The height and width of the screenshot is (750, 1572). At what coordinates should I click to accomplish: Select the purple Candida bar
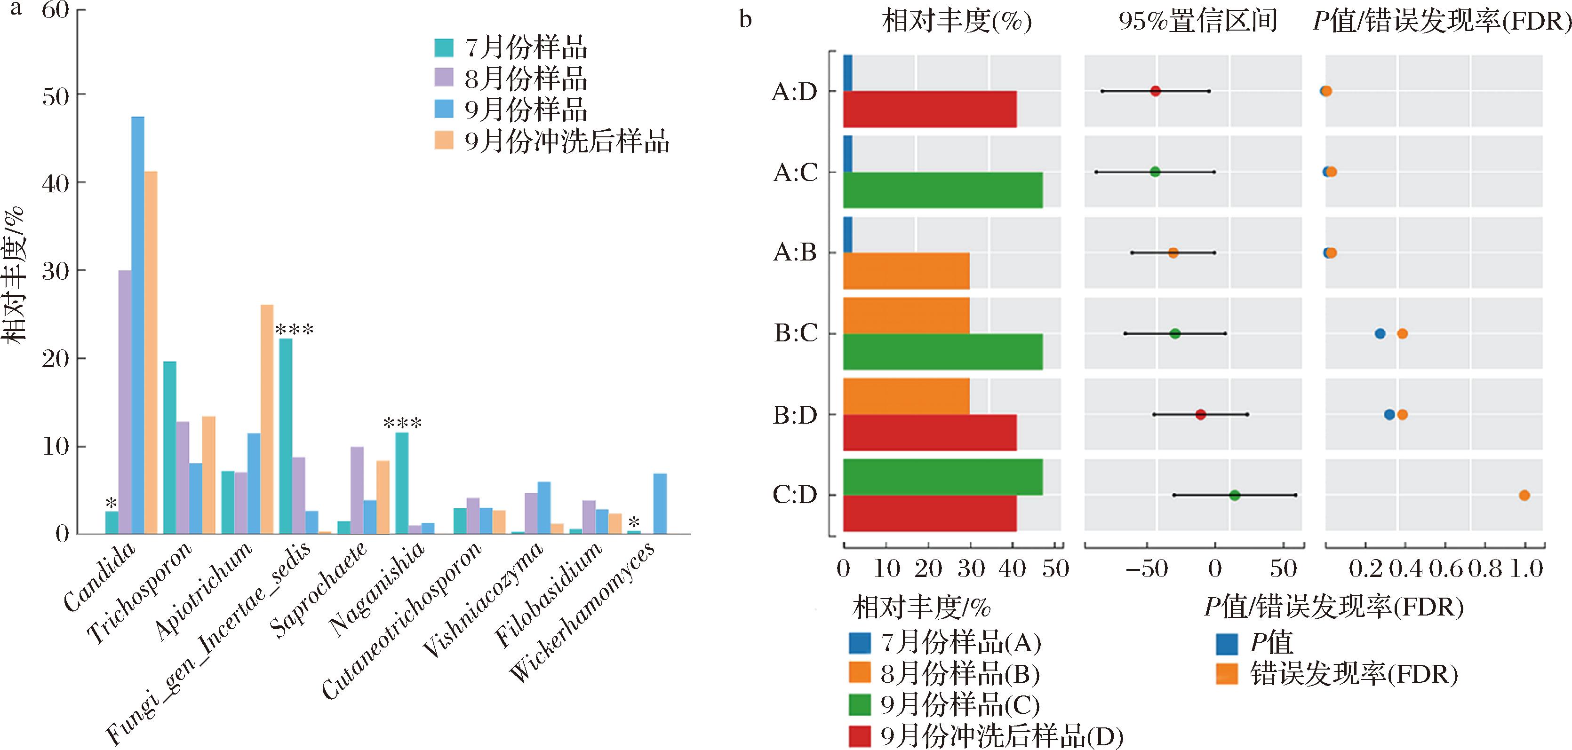(125, 402)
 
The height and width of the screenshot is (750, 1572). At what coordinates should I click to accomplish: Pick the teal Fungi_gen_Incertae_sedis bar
(286, 436)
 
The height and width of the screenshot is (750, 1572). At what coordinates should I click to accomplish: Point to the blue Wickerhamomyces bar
(660, 504)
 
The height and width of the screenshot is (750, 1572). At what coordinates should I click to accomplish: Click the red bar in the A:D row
(929, 109)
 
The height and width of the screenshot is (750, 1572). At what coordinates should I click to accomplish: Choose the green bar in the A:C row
(943, 190)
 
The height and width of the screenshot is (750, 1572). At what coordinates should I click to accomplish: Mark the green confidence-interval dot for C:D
(1235, 495)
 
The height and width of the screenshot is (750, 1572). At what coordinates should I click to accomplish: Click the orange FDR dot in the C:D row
(1524, 495)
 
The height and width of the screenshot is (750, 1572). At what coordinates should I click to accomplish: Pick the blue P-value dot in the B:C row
(1380, 333)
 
